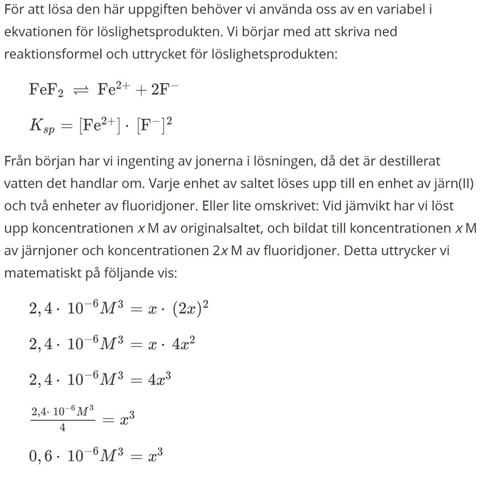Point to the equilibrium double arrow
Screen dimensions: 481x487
pyautogui.click(x=80, y=90)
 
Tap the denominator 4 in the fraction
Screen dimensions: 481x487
pyautogui.click(x=63, y=427)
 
